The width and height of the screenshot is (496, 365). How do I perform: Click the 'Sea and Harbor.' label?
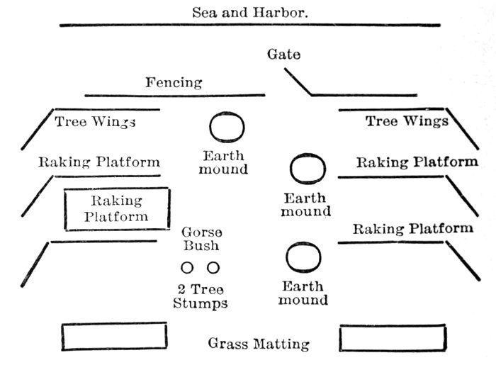[250, 12]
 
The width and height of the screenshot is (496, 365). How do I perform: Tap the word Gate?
[283, 55]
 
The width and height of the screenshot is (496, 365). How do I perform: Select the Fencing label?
[174, 83]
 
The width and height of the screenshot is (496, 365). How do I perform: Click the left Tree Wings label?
[95, 122]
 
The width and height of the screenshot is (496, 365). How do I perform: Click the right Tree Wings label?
[407, 121]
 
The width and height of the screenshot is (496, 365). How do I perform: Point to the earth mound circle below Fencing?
[227, 128]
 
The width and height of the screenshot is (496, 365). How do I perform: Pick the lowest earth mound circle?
[304, 257]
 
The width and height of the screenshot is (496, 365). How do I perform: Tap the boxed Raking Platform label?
[117, 209]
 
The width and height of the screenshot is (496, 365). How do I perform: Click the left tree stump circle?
[187, 268]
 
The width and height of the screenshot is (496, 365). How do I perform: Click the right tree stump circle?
[213, 268]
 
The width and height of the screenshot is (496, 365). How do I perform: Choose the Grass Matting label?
[259, 344]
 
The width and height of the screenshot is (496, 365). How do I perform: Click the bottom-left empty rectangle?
[114, 337]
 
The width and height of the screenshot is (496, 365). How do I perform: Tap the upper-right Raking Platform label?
[416, 162]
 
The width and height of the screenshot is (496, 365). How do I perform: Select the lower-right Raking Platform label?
[412, 229]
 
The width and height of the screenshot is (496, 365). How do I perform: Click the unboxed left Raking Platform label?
[98, 162]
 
